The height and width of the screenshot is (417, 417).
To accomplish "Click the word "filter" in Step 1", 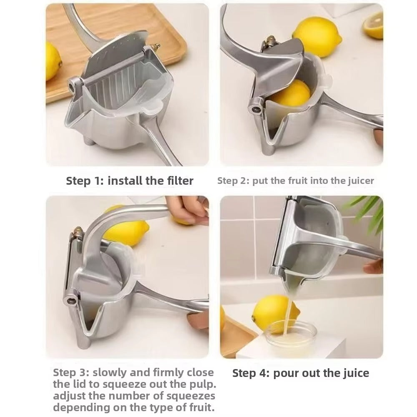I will point(176,181).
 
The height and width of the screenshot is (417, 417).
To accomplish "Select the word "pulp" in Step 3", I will point(195,384).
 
